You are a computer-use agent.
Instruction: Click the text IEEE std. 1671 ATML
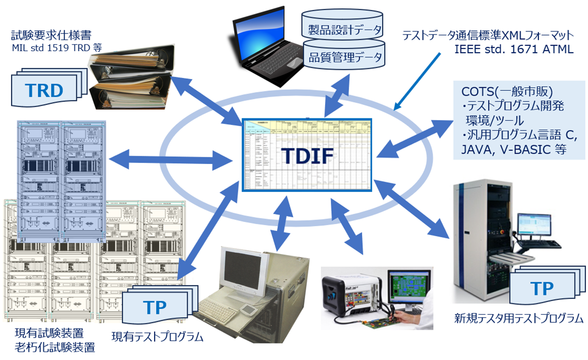coord(514,50)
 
